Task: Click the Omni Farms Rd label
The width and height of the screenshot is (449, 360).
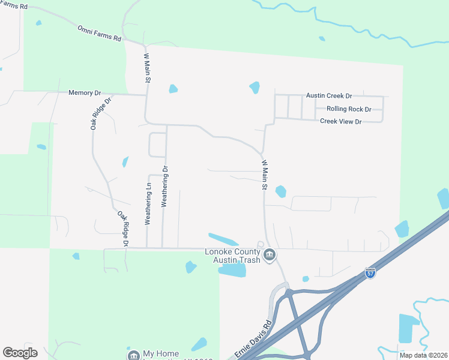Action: click(x=99, y=34)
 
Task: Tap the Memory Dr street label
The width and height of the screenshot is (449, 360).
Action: click(x=85, y=93)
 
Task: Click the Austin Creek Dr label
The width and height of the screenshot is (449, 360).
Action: click(x=329, y=95)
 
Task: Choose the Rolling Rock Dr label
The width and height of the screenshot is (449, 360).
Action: click(x=349, y=109)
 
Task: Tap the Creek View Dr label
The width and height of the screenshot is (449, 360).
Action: click(x=341, y=121)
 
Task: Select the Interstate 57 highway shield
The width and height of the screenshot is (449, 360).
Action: click(x=370, y=273)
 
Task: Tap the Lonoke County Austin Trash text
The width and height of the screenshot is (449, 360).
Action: click(x=233, y=256)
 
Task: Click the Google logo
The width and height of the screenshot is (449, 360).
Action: click(x=20, y=353)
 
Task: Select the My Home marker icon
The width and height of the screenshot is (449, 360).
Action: click(x=133, y=355)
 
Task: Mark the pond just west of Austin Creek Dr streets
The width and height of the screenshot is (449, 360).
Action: click(x=255, y=88)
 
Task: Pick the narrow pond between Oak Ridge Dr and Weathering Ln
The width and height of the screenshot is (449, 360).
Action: click(x=125, y=161)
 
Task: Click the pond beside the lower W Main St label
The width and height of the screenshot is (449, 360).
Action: click(x=280, y=192)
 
